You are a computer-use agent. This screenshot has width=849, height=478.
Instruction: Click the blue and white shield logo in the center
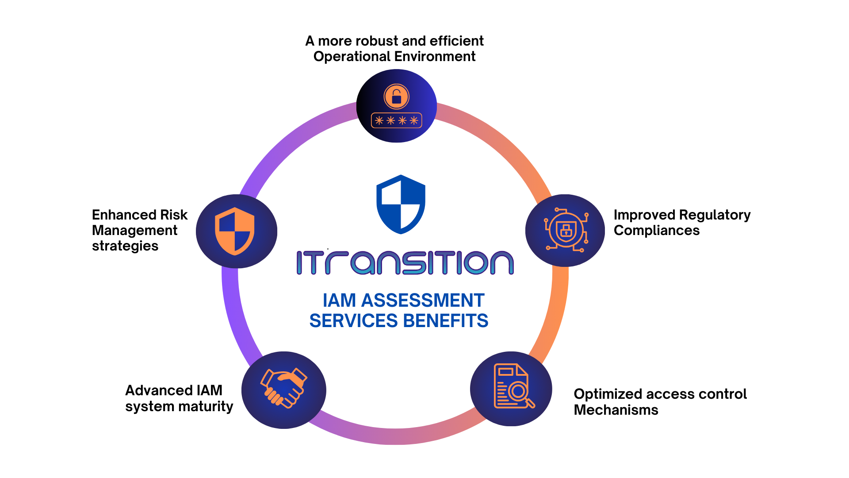tap(401, 204)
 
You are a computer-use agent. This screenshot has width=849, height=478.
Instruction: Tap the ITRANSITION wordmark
tap(405, 262)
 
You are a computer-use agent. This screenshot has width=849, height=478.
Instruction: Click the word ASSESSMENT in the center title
tap(423, 301)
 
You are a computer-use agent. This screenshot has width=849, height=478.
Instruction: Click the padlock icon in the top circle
tap(396, 96)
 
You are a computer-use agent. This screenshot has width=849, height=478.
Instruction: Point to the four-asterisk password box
tap(396, 120)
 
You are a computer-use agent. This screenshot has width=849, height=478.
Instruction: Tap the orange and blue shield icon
tap(235, 231)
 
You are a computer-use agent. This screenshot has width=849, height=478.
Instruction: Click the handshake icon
tap(284, 388)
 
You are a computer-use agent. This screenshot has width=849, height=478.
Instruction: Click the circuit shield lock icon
tap(566, 230)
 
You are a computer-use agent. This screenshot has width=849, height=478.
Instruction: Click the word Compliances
tap(656, 231)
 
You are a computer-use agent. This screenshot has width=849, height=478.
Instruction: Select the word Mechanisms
tap(616, 410)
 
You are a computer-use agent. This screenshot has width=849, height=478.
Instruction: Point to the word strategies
tap(125, 246)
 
